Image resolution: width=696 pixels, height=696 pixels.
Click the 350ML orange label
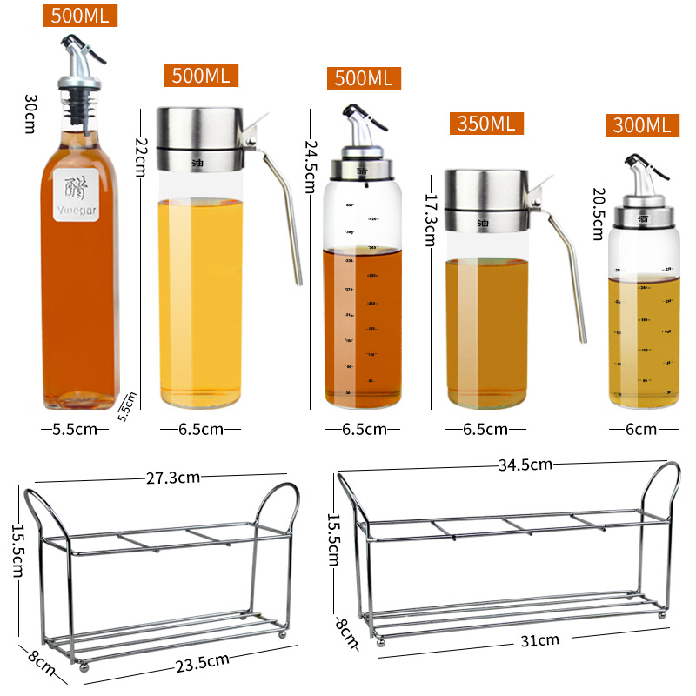485,123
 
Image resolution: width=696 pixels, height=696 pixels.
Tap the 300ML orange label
642,125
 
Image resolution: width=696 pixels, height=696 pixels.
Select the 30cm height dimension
30,112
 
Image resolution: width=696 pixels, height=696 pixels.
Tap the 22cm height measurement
140,155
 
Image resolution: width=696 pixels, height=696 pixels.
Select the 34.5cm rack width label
525,464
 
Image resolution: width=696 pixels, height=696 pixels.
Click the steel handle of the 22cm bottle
284,209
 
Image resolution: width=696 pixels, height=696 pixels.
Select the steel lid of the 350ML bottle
487,200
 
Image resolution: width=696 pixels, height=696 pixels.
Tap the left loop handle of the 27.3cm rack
42,513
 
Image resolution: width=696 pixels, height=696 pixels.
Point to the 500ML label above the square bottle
80,16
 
